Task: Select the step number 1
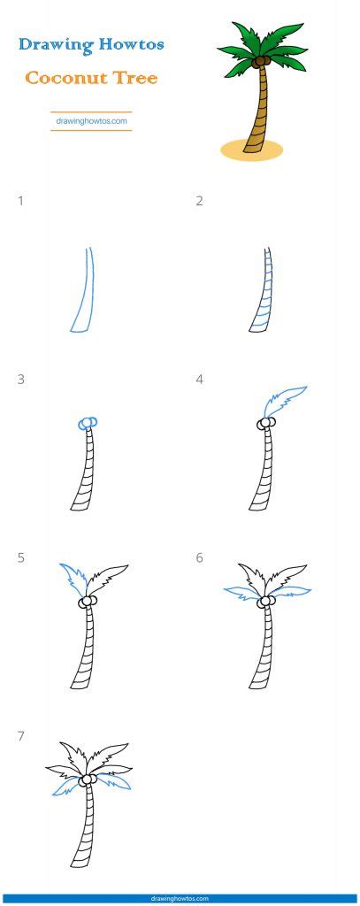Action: click(x=21, y=201)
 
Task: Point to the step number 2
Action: click(x=199, y=201)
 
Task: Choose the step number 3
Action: click(x=21, y=380)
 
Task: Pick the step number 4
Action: click(x=199, y=380)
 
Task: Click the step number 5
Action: click(x=21, y=557)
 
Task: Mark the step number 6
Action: click(x=199, y=557)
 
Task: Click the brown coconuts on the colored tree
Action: click(x=260, y=63)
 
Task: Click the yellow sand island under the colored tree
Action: click(x=252, y=149)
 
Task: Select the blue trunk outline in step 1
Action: click(x=84, y=292)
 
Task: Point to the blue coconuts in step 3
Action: click(x=87, y=424)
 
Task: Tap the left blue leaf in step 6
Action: click(x=241, y=592)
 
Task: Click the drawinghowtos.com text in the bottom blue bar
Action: click(x=180, y=897)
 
